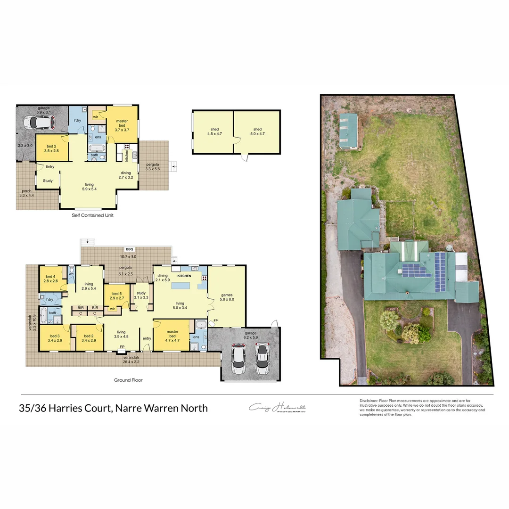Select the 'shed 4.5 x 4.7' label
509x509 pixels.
pyautogui.click(x=214, y=131)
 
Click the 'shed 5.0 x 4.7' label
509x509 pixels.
pyautogui.click(x=257, y=131)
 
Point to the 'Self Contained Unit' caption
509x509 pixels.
pyautogui.click(x=92, y=215)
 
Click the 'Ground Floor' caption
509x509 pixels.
pyautogui.click(x=128, y=380)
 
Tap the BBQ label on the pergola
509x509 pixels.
pyautogui.click(x=129, y=249)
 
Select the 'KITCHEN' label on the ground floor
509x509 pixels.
pyautogui.click(x=184, y=275)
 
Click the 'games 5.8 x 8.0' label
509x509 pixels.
pyautogui.click(x=227, y=297)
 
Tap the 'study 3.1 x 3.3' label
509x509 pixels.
pyautogui.click(x=141, y=295)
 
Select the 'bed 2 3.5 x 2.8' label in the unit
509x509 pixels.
pyautogui.click(x=51, y=148)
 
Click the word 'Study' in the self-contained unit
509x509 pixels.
pyautogui.click(x=47, y=181)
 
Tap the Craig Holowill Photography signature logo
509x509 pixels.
pyautogui.click(x=278, y=408)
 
